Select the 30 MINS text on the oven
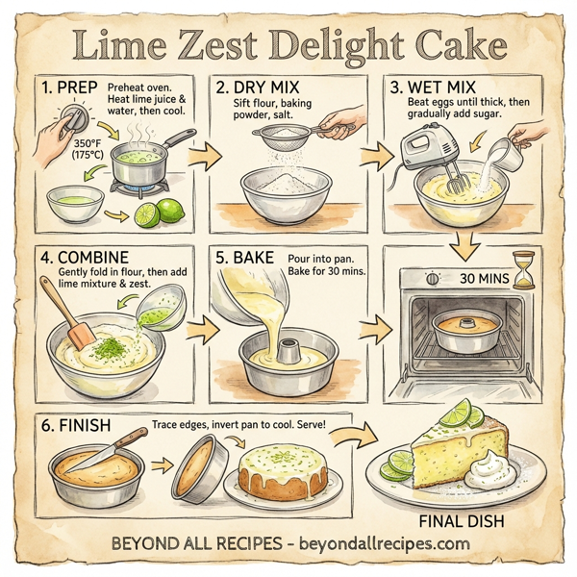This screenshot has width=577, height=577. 479,278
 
